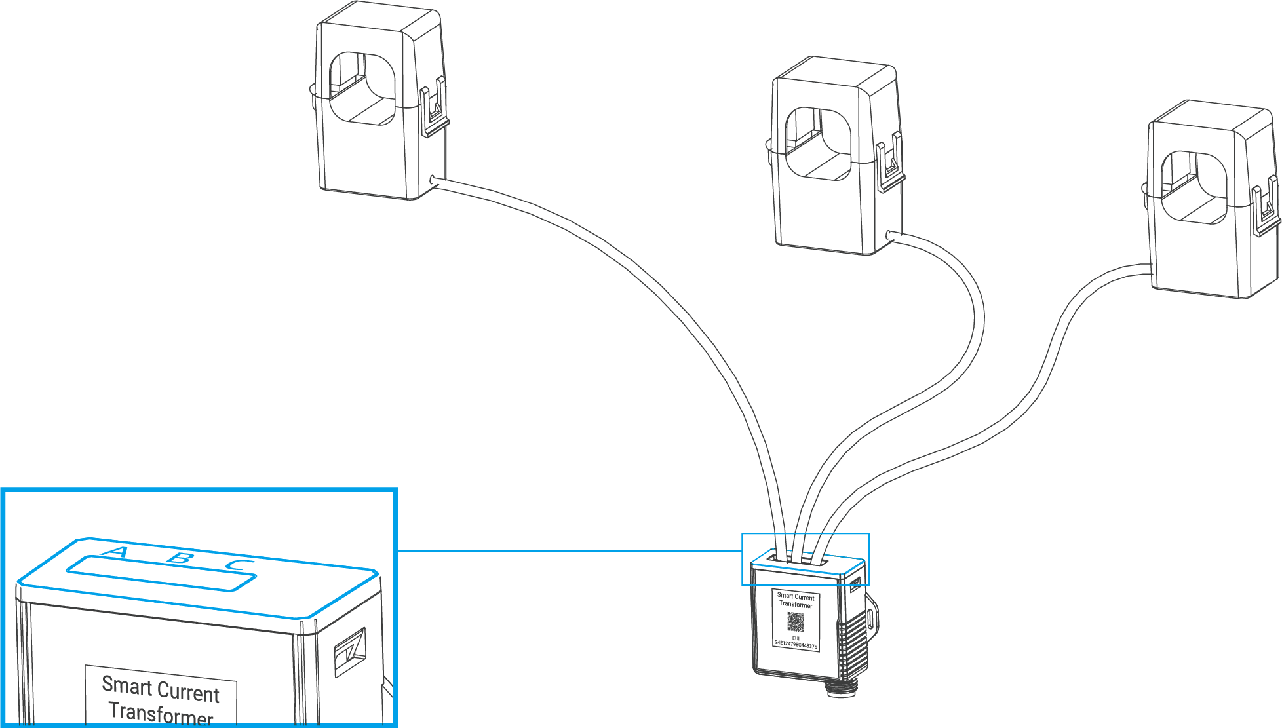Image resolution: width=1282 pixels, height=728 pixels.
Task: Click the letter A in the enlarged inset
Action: (115, 553)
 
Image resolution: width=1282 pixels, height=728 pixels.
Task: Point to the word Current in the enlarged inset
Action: (189, 693)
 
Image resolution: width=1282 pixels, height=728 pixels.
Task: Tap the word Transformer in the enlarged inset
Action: (161, 713)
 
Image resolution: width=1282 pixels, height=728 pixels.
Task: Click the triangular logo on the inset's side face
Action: (349, 652)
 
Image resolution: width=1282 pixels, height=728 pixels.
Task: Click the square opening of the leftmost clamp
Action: (362, 88)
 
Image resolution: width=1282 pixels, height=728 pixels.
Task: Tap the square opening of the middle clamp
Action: (819, 144)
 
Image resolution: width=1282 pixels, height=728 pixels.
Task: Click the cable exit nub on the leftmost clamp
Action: (432, 180)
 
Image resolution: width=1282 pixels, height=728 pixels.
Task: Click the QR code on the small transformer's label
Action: (795, 622)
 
